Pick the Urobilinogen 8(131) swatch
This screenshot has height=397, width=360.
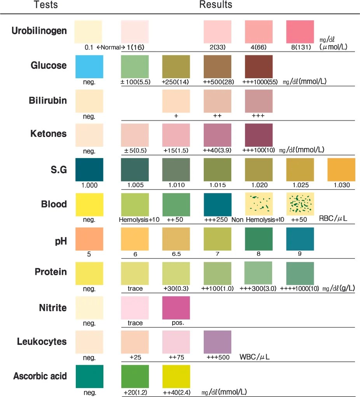tap(300, 32)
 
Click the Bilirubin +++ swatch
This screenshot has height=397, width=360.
tap(259, 102)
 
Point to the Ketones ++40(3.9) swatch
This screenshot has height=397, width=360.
tap(218, 135)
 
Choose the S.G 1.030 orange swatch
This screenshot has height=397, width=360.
tap(341, 170)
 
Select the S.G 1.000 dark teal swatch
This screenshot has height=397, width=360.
tap(89, 170)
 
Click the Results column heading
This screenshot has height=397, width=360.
tap(216, 5)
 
